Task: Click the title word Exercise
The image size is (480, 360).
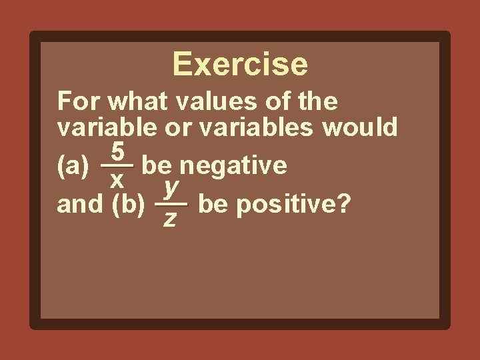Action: [240, 65]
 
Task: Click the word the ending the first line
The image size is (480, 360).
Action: [315, 102]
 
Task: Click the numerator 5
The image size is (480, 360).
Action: [117, 153]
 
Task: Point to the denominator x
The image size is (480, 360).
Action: [117, 178]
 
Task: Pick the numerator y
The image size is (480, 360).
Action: [171, 189]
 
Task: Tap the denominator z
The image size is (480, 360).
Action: [170, 218]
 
